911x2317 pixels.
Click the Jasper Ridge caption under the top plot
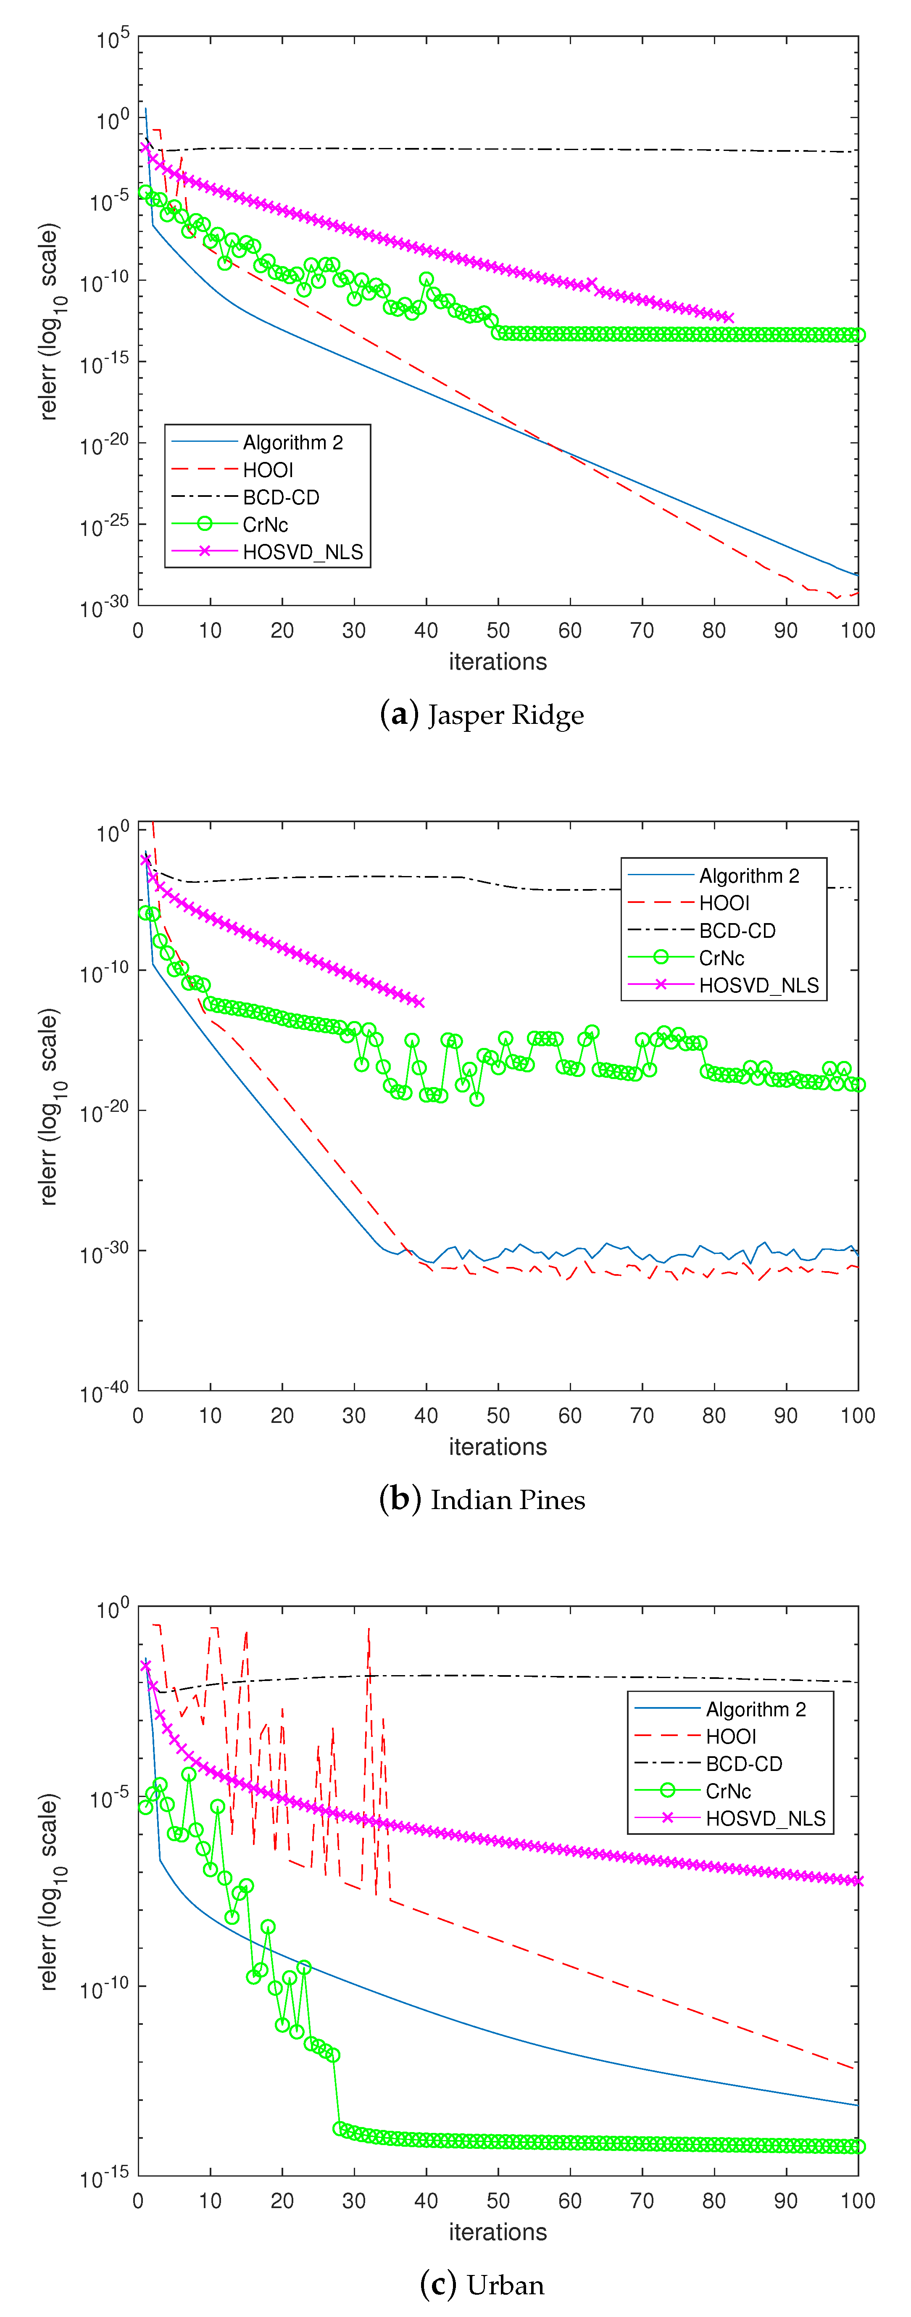point(482,715)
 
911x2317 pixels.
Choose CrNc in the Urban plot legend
point(727,1791)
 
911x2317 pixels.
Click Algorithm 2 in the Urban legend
point(756,1709)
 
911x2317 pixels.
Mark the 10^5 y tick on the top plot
point(113,39)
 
